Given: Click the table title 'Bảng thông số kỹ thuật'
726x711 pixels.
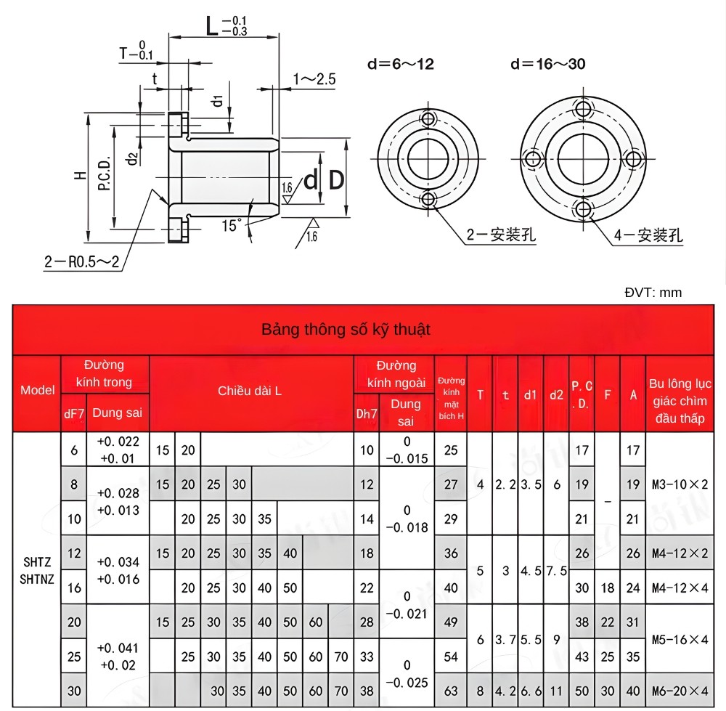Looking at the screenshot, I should [x=346, y=330].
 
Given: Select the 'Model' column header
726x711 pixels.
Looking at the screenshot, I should [x=38, y=390].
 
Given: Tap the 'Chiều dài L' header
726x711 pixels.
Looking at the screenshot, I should [x=250, y=391].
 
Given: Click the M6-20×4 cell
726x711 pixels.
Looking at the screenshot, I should [x=679, y=691].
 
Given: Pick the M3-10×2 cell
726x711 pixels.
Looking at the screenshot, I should [x=679, y=484].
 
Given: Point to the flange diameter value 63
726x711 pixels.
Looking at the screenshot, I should [x=451, y=691].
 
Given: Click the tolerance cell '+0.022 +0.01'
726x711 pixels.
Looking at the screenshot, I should [x=118, y=450].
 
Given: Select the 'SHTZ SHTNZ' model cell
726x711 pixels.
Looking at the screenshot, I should [x=37, y=570].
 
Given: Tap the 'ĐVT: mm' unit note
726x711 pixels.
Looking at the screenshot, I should [x=653, y=293].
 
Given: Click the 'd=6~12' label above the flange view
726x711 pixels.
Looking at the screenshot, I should [x=401, y=64].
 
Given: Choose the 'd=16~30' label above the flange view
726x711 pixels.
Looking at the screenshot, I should [x=548, y=64].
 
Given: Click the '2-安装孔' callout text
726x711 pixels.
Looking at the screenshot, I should [x=501, y=235].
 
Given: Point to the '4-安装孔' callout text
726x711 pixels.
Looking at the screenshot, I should [x=648, y=235].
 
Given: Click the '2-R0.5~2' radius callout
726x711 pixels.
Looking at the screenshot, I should [x=81, y=261].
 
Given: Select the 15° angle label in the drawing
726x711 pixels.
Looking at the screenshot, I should [x=232, y=226].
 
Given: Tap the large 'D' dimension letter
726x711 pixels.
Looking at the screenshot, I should [x=336, y=179].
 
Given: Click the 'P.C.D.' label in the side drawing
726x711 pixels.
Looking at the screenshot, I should [x=104, y=174].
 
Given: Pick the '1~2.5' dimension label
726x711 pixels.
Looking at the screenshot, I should [x=314, y=79].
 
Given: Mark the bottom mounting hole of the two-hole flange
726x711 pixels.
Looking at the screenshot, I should [x=428, y=199].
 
